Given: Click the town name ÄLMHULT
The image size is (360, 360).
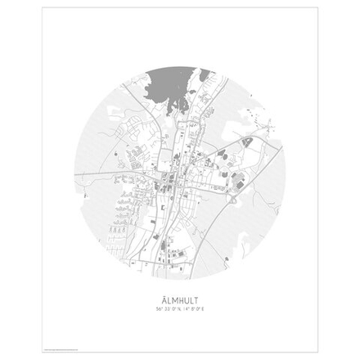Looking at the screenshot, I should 180,300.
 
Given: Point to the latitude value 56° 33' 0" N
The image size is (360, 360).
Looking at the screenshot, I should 167,310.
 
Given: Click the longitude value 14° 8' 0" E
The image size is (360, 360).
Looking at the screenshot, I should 195,310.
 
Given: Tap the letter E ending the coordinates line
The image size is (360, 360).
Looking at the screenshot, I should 204,310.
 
